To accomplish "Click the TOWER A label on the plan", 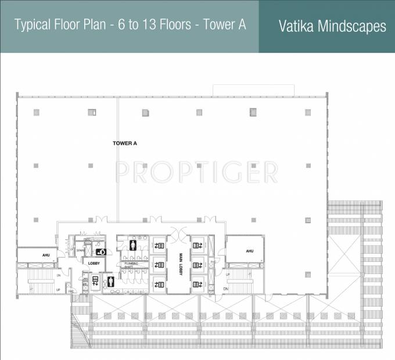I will click(124, 142).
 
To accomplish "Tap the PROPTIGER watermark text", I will click(196, 172).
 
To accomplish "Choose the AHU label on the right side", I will click(249, 251).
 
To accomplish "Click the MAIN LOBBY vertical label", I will click(181, 265).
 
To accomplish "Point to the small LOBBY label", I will click(94, 263).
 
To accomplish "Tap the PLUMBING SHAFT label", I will click(131, 265).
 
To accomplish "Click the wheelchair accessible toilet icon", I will click(100, 252).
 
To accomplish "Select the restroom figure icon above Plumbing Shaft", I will click(134, 245).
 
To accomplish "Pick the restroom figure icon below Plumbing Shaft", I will click(111, 282).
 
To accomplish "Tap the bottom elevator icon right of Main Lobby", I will click(198, 284).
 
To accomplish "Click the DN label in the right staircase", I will click(226, 288).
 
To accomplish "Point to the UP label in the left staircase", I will click(58, 289).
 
